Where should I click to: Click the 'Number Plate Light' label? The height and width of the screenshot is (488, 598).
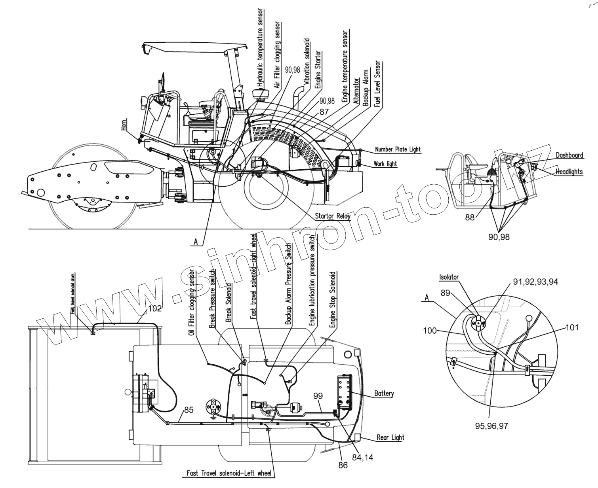point(397,149)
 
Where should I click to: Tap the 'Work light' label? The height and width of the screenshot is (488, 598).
point(385,164)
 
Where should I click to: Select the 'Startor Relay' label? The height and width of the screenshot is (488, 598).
point(332,216)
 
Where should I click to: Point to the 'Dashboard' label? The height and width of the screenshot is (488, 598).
point(569,155)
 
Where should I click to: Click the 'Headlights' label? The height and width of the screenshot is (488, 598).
point(569,172)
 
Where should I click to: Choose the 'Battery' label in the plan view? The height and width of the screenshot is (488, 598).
point(384,393)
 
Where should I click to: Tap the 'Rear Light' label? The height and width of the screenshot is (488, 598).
point(390,437)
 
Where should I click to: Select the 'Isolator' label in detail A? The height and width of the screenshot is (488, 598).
point(449,277)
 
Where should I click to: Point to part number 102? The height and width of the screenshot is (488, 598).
point(154,309)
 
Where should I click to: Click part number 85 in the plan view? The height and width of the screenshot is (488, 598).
point(189,410)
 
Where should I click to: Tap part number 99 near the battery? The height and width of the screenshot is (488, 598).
point(318,395)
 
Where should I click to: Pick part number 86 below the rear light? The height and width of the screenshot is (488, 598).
point(343,465)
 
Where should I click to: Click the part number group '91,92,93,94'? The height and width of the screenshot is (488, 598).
point(535,282)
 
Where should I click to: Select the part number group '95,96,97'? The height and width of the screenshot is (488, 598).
point(491,426)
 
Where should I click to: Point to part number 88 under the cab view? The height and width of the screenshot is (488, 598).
point(470,217)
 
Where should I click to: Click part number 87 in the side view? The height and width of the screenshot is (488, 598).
point(324,112)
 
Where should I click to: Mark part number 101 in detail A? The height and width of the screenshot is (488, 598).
point(572,327)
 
